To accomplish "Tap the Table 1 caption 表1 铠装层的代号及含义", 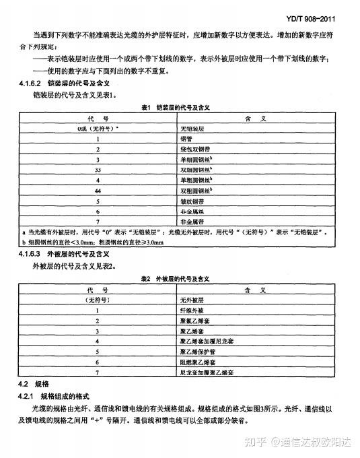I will click(176, 108).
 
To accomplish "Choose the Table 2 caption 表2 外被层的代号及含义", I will click(176, 277).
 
